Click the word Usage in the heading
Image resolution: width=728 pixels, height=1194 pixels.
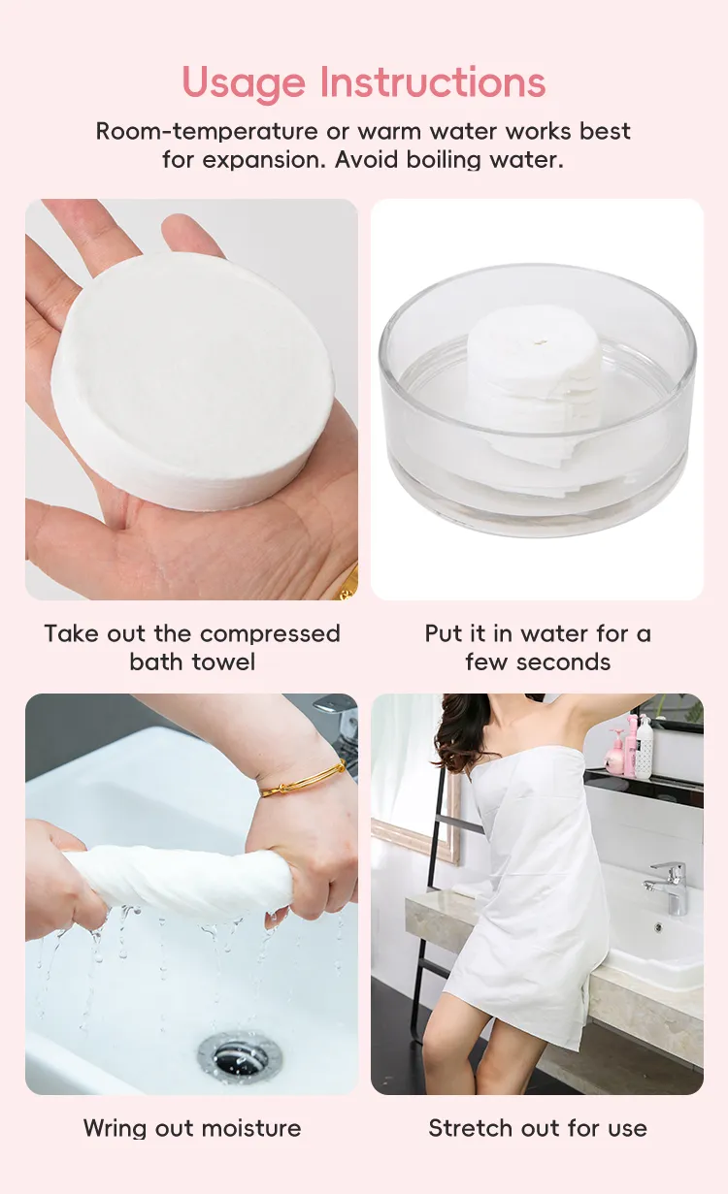[x=244, y=83]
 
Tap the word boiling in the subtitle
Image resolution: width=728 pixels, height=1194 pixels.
[x=445, y=159]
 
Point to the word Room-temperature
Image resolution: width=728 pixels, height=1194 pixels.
[x=207, y=131]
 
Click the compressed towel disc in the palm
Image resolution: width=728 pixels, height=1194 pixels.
[x=193, y=381]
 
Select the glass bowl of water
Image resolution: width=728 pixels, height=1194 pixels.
[x=538, y=400]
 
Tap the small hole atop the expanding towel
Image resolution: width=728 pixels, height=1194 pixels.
[x=539, y=341]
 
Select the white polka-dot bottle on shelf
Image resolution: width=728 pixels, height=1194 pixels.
[x=645, y=746]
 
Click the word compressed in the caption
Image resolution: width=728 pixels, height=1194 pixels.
[x=271, y=633]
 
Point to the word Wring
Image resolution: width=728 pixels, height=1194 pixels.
[x=116, y=1128]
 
